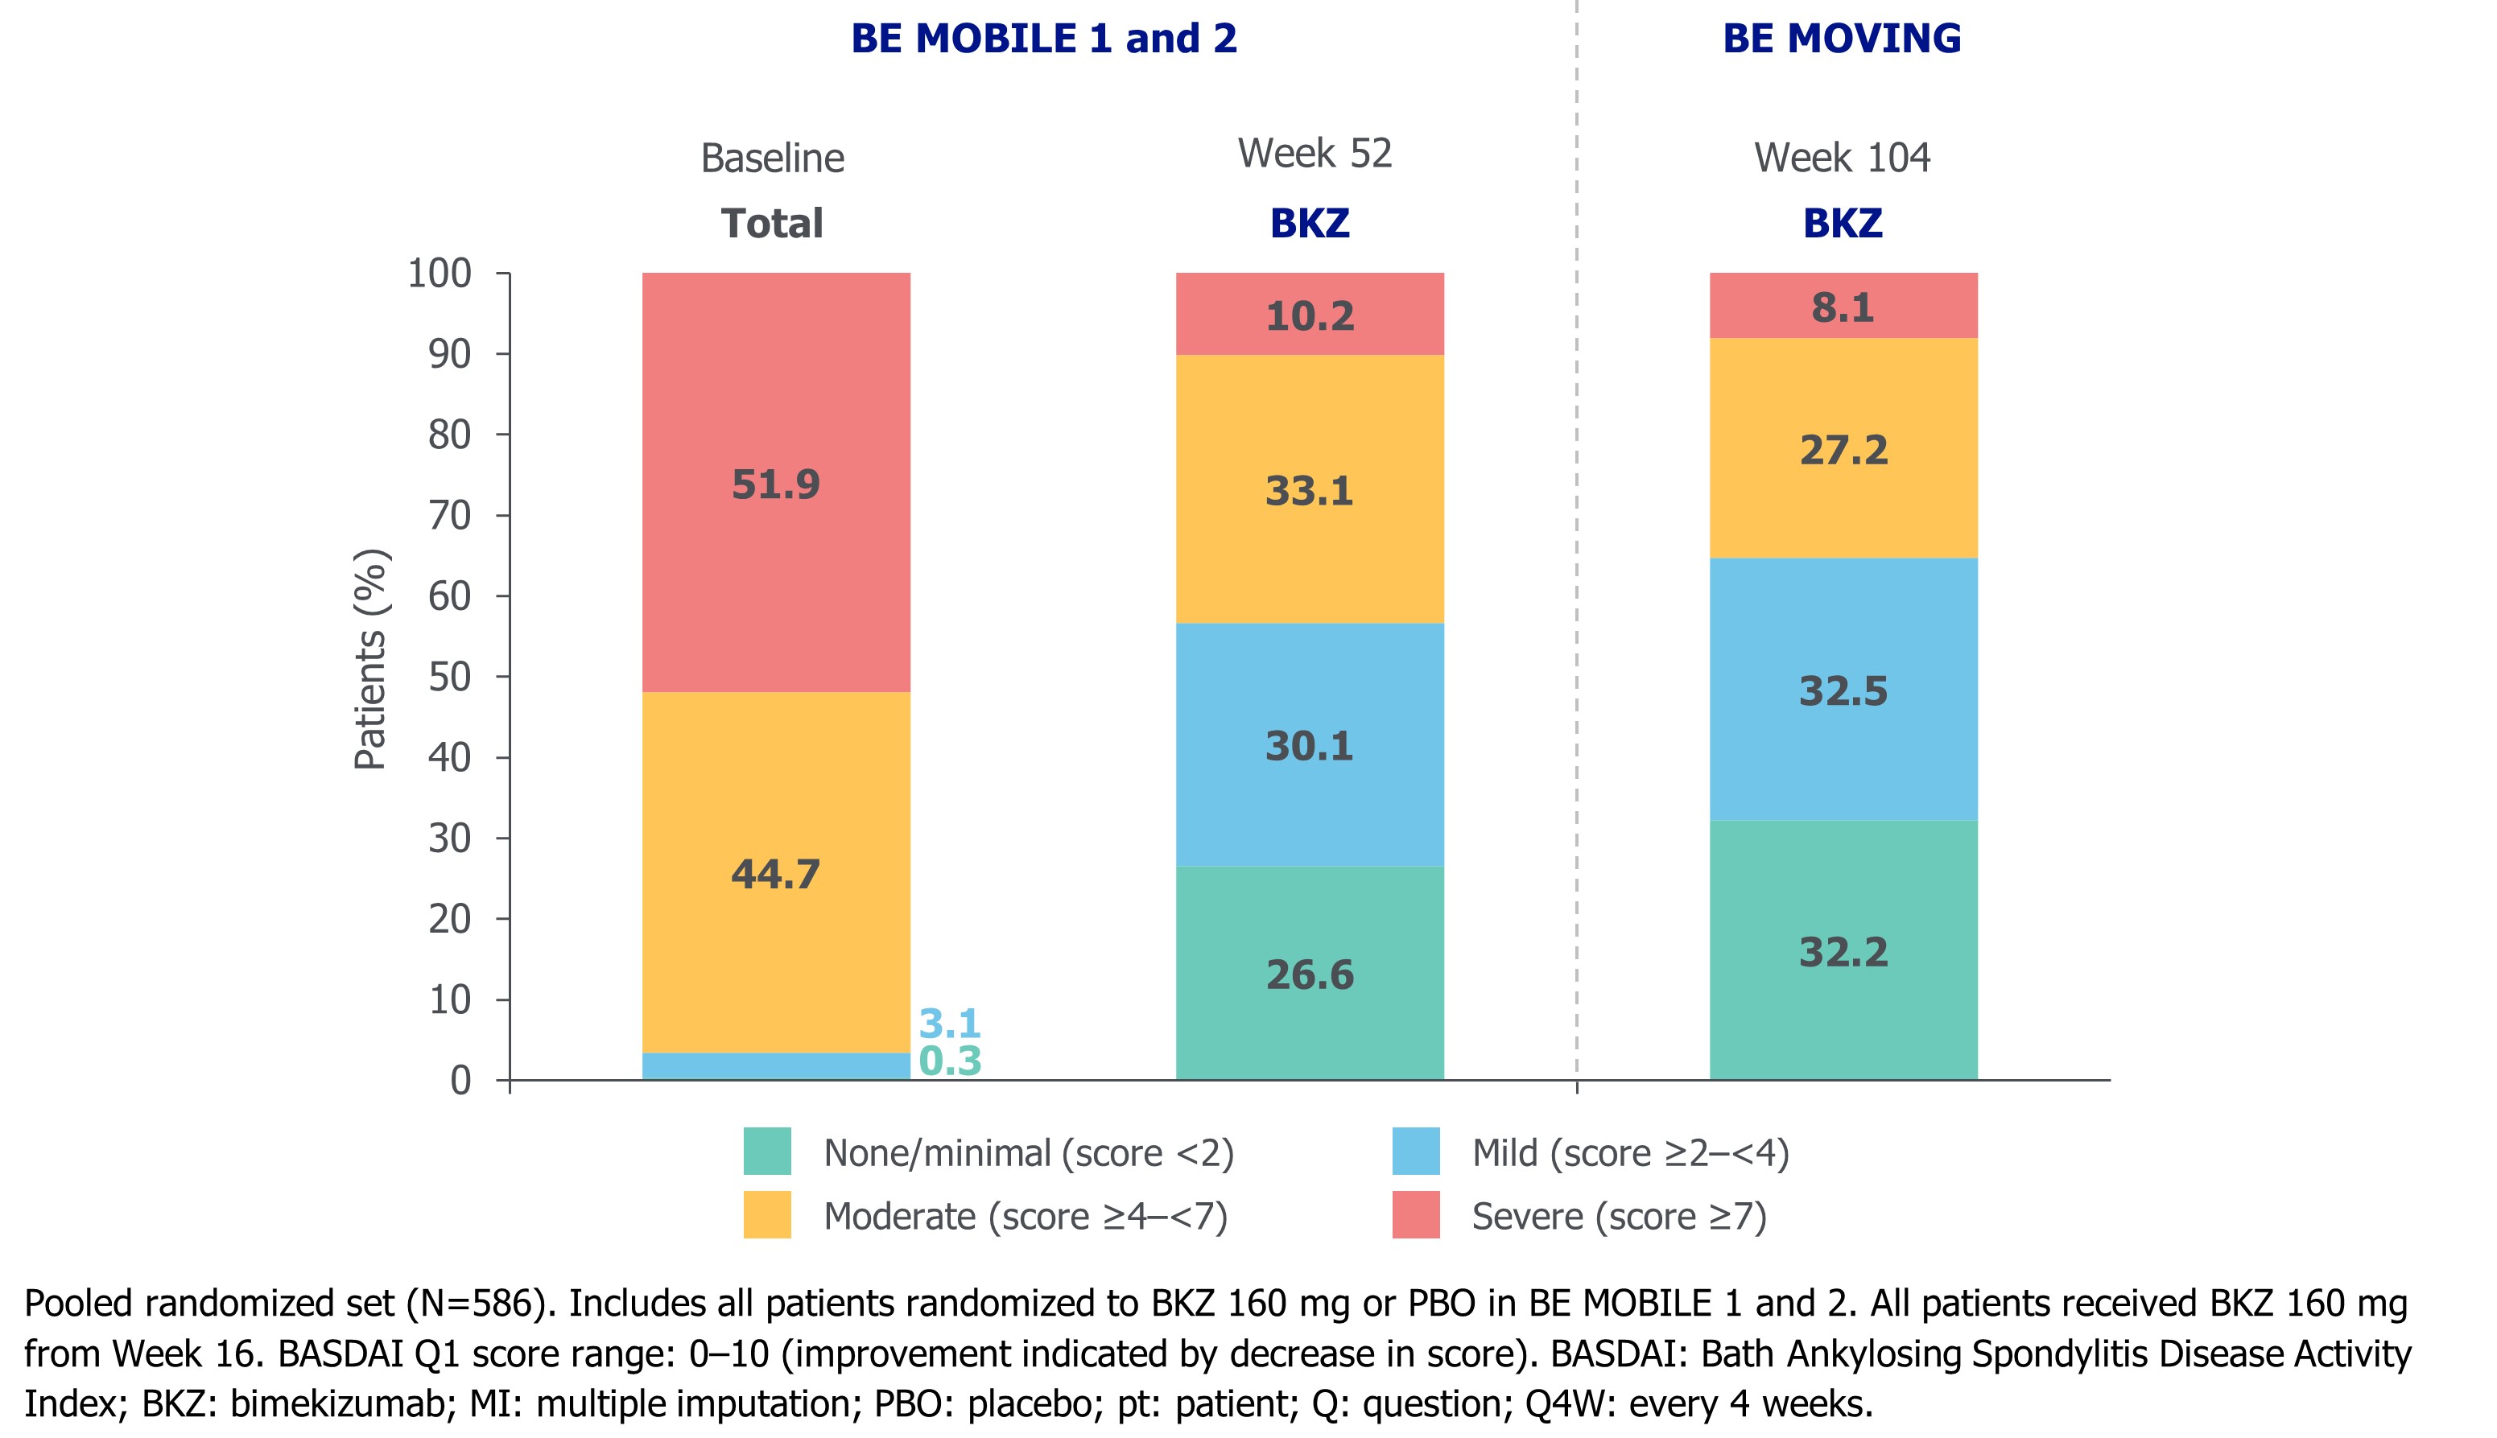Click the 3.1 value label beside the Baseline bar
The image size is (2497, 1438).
pyautogui.click(x=949, y=1024)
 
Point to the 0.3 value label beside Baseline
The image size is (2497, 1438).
pyautogui.click(x=949, y=1061)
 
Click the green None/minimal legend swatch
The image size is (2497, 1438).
pyautogui.click(x=766, y=1152)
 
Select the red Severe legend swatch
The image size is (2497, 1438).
pyautogui.click(x=1415, y=1215)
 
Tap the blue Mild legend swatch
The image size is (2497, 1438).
pyautogui.click(x=1415, y=1152)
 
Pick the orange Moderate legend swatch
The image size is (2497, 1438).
pyautogui.click(x=766, y=1215)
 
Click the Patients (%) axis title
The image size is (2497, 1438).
pyautogui.click(x=370, y=659)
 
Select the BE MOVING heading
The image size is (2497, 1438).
pyautogui.click(x=1841, y=39)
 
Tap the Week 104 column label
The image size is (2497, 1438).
pyautogui.click(x=1841, y=158)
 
